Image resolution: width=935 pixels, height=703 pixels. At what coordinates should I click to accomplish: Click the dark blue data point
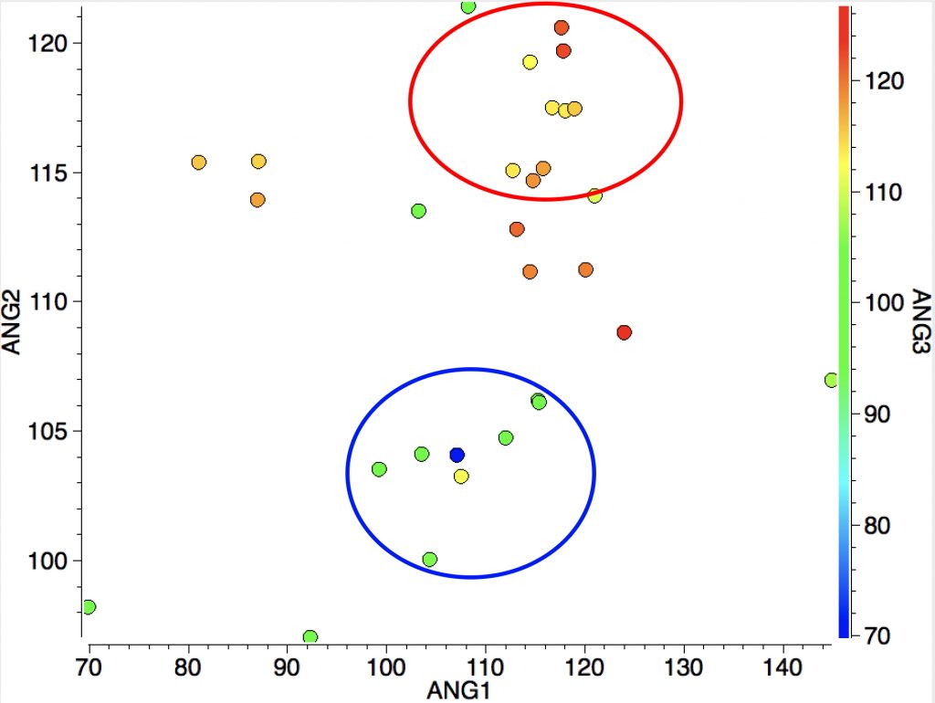[457, 455]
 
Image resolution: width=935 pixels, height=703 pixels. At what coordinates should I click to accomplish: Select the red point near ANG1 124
[625, 332]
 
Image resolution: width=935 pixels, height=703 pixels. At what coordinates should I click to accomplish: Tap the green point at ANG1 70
[89, 607]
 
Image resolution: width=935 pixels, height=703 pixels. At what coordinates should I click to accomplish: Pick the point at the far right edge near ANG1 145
[831, 380]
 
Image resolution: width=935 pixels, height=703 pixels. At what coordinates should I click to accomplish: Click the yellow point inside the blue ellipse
[461, 477]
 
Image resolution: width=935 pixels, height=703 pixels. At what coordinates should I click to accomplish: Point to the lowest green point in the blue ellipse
[430, 559]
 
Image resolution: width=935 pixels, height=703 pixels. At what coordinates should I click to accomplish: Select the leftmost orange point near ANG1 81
[199, 163]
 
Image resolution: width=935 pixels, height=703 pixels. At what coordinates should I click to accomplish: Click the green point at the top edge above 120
[468, 7]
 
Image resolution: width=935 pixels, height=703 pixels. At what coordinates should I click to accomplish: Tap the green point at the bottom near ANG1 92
[310, 637]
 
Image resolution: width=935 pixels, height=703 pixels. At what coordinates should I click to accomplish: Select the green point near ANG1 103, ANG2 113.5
[419, 211]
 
